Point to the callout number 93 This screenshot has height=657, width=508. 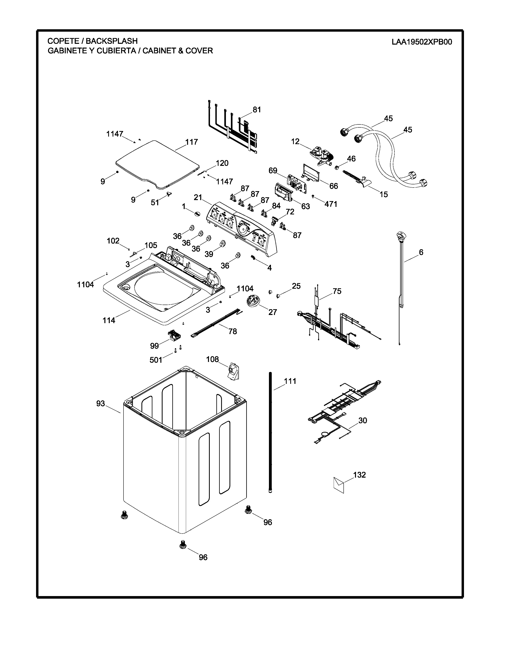(x=101, y=403)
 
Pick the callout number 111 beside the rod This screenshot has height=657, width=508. (x=290, y=381)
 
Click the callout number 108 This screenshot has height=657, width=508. (x=213, y=359)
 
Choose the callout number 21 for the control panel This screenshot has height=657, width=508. (x=198, y=197)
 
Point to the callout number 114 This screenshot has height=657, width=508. (x=109, y=320)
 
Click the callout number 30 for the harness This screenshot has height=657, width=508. (x=363, y=420)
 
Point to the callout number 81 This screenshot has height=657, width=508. (x=257, y=110)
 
